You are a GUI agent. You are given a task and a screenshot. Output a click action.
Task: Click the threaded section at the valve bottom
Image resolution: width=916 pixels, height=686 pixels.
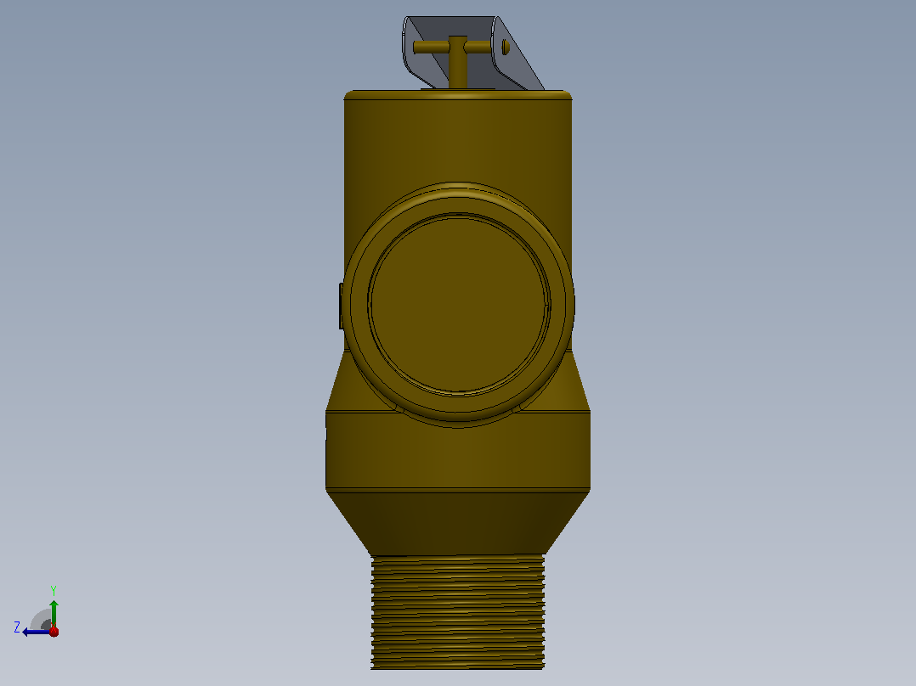click(x=458, y=612)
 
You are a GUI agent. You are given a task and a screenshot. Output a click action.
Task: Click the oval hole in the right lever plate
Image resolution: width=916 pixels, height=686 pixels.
click(x=506, y=47)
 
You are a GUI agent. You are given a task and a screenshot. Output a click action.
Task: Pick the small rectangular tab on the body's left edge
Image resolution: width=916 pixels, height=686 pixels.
click(x=342, y=306)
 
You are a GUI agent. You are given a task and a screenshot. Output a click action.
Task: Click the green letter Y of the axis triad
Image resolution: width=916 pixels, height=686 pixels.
click(x=54, y=590)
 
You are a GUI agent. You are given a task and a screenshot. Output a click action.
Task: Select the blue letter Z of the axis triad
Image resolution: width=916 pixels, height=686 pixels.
click(x=17, y=627)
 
